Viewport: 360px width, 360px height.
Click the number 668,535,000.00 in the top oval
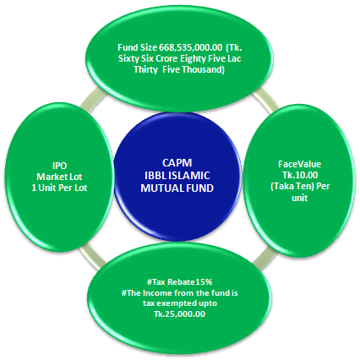point(190,48)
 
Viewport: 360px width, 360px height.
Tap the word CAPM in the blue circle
point(177,163)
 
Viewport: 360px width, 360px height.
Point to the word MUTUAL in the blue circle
point(159,188)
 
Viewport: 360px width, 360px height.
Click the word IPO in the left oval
point(59,166)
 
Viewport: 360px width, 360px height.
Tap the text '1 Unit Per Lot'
point(59,188)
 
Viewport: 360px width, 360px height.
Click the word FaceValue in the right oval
point(299,164)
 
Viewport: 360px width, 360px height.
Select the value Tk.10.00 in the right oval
point(300,175)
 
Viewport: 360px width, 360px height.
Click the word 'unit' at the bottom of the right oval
point(300,198)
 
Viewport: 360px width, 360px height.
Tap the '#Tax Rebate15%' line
point(179,281)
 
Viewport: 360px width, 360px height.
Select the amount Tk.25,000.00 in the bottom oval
point(179,314)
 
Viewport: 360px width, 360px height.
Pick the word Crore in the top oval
point(166,58)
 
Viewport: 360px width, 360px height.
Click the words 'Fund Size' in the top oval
point(138,47)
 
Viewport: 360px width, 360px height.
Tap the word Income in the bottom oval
point(155,293)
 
